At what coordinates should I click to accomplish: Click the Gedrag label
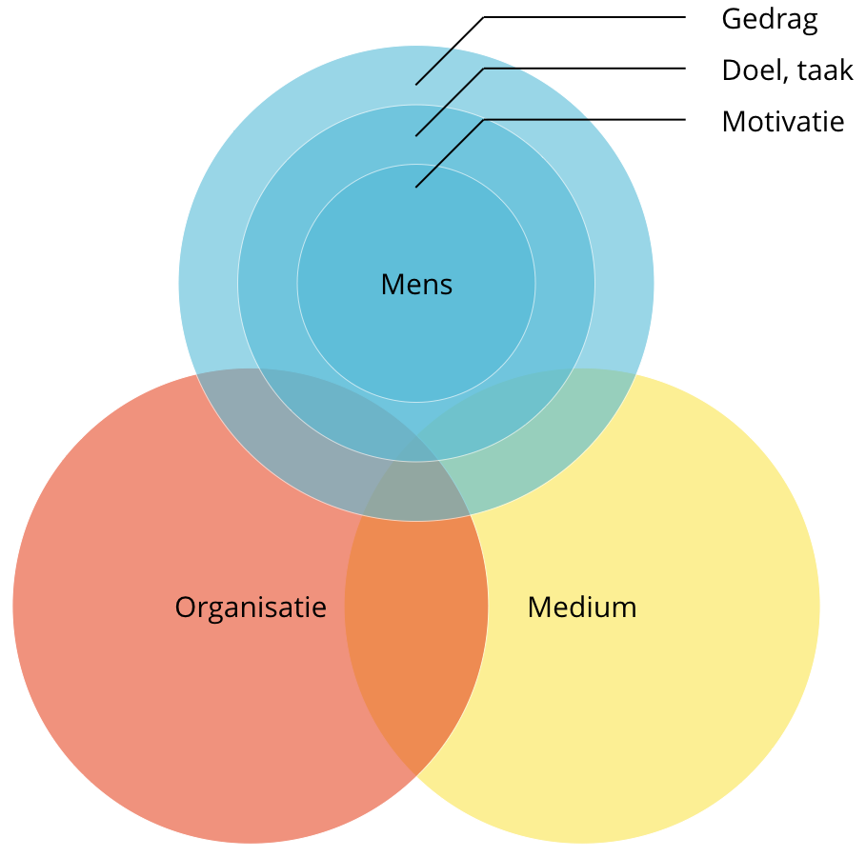(769, 20)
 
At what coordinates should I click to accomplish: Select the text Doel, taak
(787, 70)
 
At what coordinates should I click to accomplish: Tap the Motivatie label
(782, 122)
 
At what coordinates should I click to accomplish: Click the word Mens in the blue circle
(416, 284)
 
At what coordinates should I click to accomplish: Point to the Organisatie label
(251, 608)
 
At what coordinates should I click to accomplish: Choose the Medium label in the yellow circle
(581, 608)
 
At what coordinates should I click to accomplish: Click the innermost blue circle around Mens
(416, 343)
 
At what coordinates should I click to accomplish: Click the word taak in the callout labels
(826, 70)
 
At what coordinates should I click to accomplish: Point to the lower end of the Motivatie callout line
(417, 186)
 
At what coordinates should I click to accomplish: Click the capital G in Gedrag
(732, 20)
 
